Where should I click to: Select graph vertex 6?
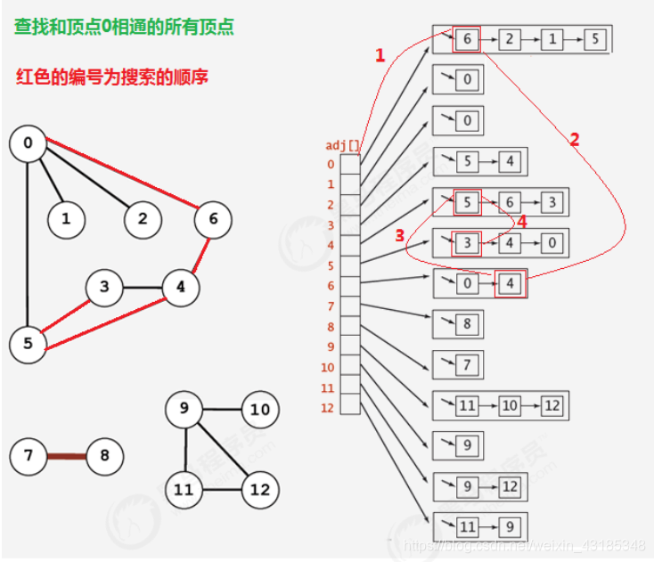[211, 219]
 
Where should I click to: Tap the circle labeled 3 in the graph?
[105, 287]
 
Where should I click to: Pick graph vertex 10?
[259, 410]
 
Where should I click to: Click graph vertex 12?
[259, 489]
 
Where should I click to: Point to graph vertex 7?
[29, 457]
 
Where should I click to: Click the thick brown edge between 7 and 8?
[66, 457]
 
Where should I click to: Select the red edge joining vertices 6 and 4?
[198, 253]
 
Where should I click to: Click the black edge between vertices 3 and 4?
[143, 288]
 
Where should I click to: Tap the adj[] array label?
[343, 145]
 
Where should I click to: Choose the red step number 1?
[380, 55]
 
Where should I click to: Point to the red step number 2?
[574, 139]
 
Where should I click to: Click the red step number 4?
[522, 221]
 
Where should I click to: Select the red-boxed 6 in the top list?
[466, 39]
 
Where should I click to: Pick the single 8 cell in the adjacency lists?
[466, 324]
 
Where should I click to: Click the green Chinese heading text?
[124, 27]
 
